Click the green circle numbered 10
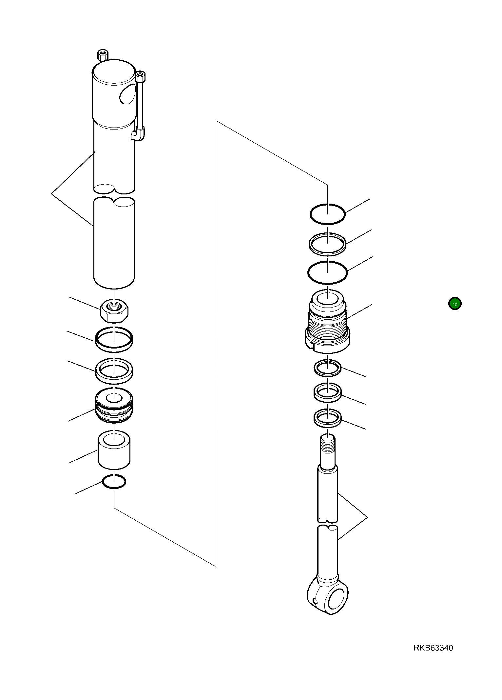click(455, 304)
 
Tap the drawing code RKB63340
click(433, 648)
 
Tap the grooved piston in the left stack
click(114, 406)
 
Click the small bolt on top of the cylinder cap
click(103, 55)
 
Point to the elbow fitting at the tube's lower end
click(138, 134)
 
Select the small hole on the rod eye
click(315, 601)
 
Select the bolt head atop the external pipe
click(140, 76)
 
